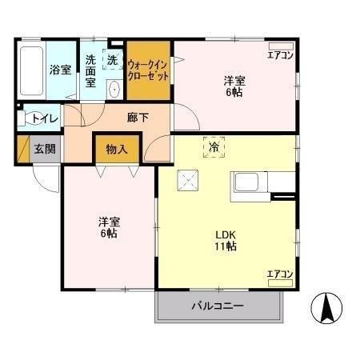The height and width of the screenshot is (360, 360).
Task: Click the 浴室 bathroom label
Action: coord(60,70)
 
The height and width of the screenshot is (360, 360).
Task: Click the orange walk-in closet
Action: coord(148,70)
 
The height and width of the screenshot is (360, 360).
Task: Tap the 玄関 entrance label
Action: coord(44,149)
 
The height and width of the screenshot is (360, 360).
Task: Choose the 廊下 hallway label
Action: coord(137,118)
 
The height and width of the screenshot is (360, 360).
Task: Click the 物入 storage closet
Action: coord(117,149)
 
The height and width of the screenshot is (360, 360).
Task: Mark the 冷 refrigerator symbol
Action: coord(214,148)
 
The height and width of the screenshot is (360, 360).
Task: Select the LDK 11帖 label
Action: coord(225,240)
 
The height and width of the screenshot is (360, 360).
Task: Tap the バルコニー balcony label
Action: coord(217,306)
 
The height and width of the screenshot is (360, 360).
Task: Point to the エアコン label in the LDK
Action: coord(280,275)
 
